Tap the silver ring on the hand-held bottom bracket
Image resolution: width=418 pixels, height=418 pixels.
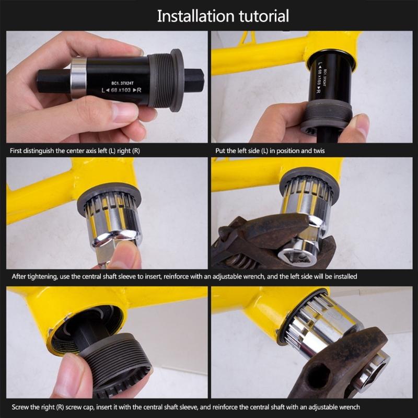click(x=78, y=78)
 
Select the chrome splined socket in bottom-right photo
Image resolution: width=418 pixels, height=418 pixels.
click(x=319, y=324)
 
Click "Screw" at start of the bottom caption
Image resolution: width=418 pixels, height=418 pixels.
click(x=19, y=407)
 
